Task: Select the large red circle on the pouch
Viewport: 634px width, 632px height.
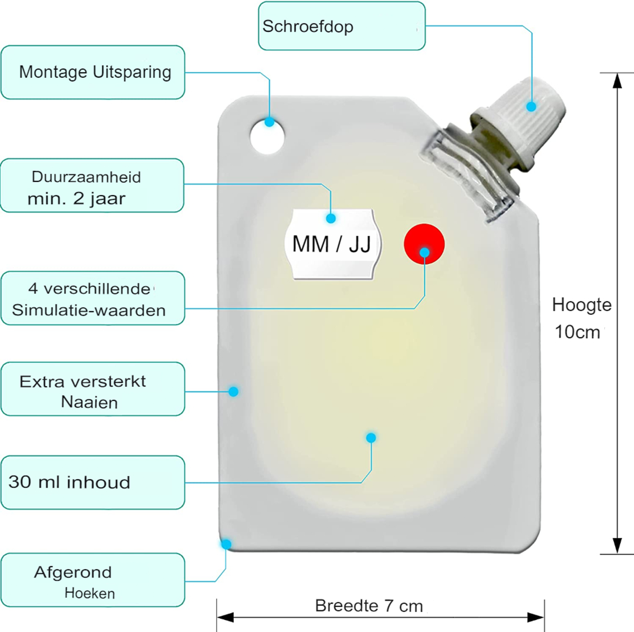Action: point(424,244)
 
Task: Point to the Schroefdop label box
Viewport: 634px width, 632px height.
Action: point(342,26)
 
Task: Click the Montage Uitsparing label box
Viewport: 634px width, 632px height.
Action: point(93,72)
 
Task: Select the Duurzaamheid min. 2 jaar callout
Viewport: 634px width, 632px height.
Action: point(92,185)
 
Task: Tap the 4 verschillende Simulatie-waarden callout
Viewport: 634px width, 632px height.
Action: point(93,298)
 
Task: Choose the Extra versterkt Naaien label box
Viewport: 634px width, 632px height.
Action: point(93,389)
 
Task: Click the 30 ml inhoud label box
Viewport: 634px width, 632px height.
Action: point(93,482)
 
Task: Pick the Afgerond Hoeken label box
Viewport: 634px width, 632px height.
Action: point(93,580)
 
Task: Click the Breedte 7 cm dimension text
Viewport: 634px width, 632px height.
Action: point(369,606)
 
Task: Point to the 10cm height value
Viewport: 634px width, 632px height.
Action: point(577,332)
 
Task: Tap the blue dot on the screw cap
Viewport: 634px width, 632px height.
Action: point(531,107)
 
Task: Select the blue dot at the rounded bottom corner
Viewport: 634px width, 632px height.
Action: point(226,544)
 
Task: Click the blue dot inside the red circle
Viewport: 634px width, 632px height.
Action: point(424,252)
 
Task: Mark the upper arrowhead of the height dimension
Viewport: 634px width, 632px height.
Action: point(618,81)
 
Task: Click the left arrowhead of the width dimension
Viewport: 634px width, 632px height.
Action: point(225,618)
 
